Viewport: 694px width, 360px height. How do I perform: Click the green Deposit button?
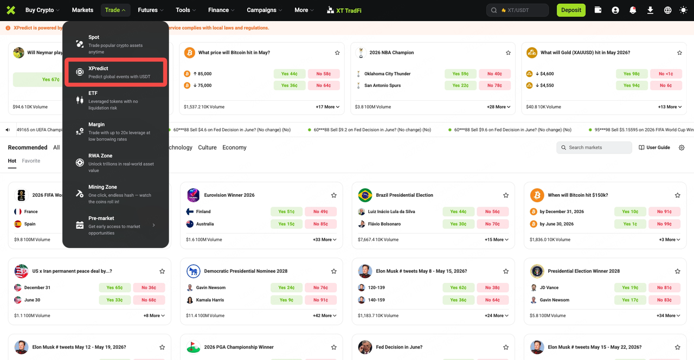[571, 10]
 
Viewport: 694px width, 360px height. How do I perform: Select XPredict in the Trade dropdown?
[116, 72]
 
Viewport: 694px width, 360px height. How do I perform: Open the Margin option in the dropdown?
[116, 131]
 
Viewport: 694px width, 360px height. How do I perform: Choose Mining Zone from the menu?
[116, 194]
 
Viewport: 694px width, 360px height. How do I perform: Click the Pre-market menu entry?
[116, 225]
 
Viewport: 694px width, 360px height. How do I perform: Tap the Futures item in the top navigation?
[150, 10]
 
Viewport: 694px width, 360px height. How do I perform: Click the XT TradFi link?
[344, 10]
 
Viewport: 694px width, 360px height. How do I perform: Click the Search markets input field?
[594, 147]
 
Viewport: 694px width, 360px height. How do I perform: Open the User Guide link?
[654, 147]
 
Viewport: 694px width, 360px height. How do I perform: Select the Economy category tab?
[234, 147]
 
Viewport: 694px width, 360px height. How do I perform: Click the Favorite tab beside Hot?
[31, 161]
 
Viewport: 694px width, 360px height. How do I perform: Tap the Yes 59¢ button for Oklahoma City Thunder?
[460, 74]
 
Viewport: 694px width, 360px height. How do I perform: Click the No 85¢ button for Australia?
[320, 224]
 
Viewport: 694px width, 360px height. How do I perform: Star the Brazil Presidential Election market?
[506, 195]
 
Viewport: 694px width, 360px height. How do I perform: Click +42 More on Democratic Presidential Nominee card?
[324, 316]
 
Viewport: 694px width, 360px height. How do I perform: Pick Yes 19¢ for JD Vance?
[630, 287]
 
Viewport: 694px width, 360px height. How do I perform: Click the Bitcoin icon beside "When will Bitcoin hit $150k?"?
[537, 195]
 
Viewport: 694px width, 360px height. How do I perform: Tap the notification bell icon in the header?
[633, 10]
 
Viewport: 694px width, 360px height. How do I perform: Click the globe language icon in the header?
[667, 10]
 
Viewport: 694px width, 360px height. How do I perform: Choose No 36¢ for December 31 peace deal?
[149, 287]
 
